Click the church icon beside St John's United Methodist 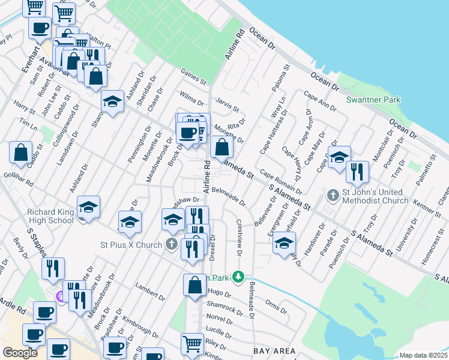(333, 196)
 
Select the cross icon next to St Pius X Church (172, 245)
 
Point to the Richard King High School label (50, 216)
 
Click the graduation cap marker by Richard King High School (89, 207)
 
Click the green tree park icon (239, 277)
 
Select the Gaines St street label (194, 76)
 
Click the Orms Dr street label (276, 306)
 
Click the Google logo (20, 352)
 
